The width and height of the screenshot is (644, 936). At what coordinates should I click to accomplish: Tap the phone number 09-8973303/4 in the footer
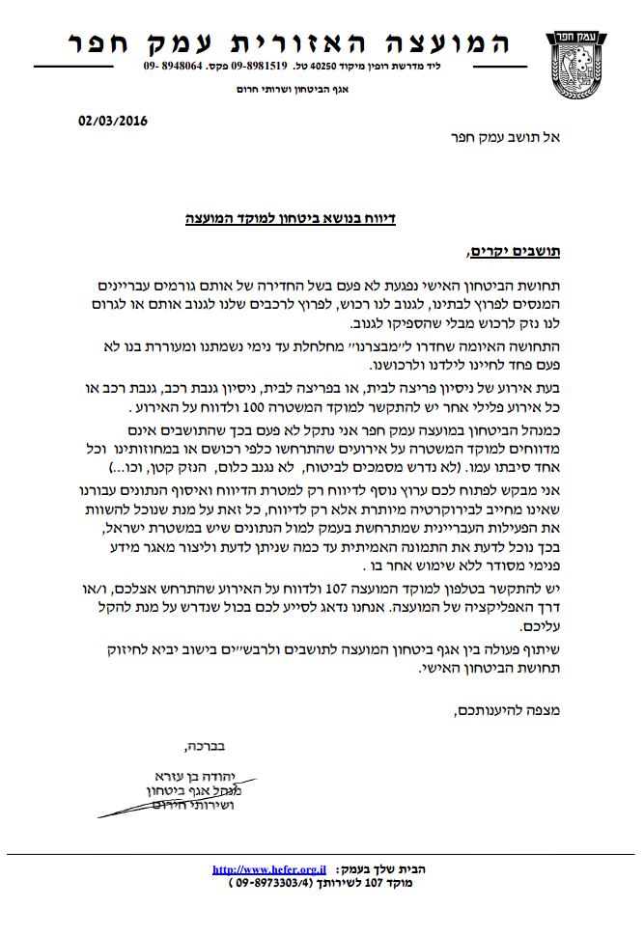[265, 882]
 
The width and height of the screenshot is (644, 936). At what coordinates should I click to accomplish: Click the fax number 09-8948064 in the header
[174, 68]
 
